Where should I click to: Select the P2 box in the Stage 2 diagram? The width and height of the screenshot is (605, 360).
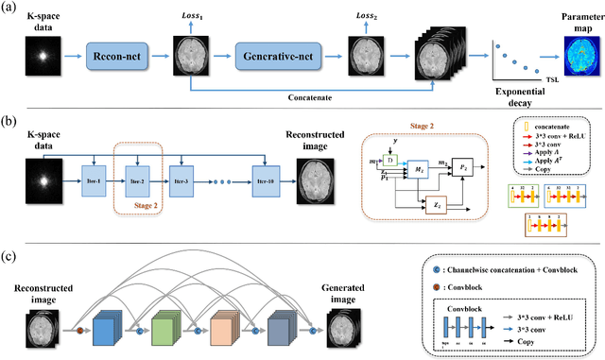pos(464,168)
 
